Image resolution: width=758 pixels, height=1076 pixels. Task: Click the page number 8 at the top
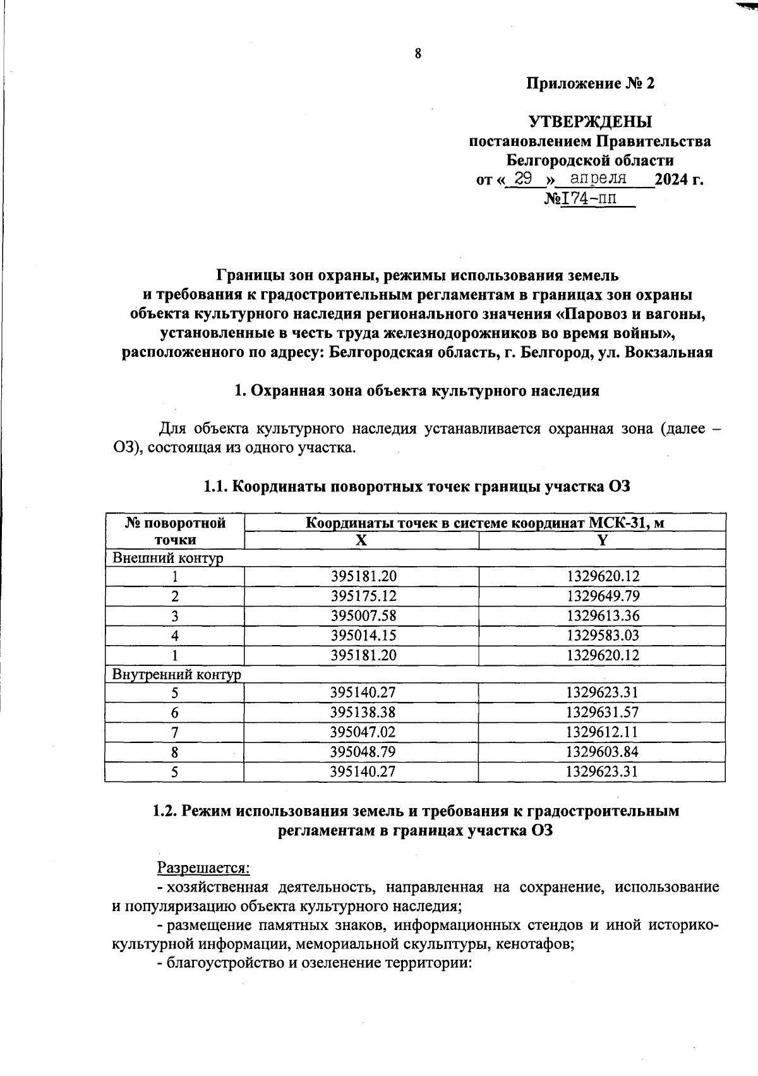(418, 54)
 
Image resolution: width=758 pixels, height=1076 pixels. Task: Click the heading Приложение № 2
(590, 83)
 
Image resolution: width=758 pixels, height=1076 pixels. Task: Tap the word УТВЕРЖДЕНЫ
(590, 121)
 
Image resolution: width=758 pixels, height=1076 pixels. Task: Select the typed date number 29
(524, 179)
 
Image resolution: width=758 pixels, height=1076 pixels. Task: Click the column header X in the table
(361, 540)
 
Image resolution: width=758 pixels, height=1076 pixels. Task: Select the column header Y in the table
(602, 540)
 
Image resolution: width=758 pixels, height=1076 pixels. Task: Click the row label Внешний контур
(168, 559)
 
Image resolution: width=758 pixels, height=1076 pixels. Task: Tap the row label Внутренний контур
(176, 674)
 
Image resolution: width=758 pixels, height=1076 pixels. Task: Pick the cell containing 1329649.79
(603, 596)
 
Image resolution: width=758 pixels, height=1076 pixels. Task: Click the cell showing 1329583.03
(603, 635)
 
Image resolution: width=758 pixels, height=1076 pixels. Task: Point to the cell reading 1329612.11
(603, 732)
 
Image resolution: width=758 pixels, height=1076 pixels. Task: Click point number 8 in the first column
(174, 752)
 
